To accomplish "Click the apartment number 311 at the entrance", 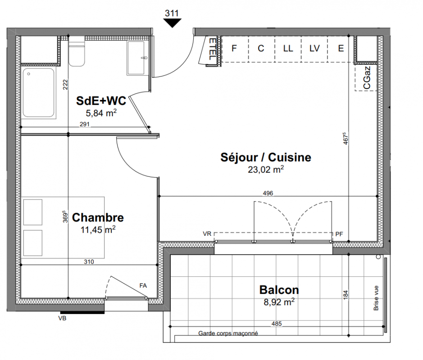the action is coord(172,13).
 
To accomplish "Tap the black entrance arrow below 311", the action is coord(172,23).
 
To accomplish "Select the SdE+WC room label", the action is coord(101,101).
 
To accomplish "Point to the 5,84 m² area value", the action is coord(101,113).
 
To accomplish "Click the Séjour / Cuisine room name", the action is coord(266,157).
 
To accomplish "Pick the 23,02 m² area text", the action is coord(266,170).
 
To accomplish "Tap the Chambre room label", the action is coord(98,217).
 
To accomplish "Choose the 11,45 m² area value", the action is coord(98,229).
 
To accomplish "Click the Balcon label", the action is coord(279,290).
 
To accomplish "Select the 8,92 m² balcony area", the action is coord(279,302).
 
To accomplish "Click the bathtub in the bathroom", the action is coord(39,93).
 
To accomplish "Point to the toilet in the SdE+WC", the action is coord(77,53).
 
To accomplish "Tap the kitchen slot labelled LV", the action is coord(314,49).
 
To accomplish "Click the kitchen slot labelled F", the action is coord(234,49).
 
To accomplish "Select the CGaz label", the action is coord(367,78).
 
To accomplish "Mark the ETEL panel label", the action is coord(213,49).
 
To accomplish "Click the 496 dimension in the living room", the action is coord(268,193).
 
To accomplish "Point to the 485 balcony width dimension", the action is coord(277,324).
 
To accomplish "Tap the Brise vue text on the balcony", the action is coord(376,298).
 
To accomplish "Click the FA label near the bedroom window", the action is coord(143,286).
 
